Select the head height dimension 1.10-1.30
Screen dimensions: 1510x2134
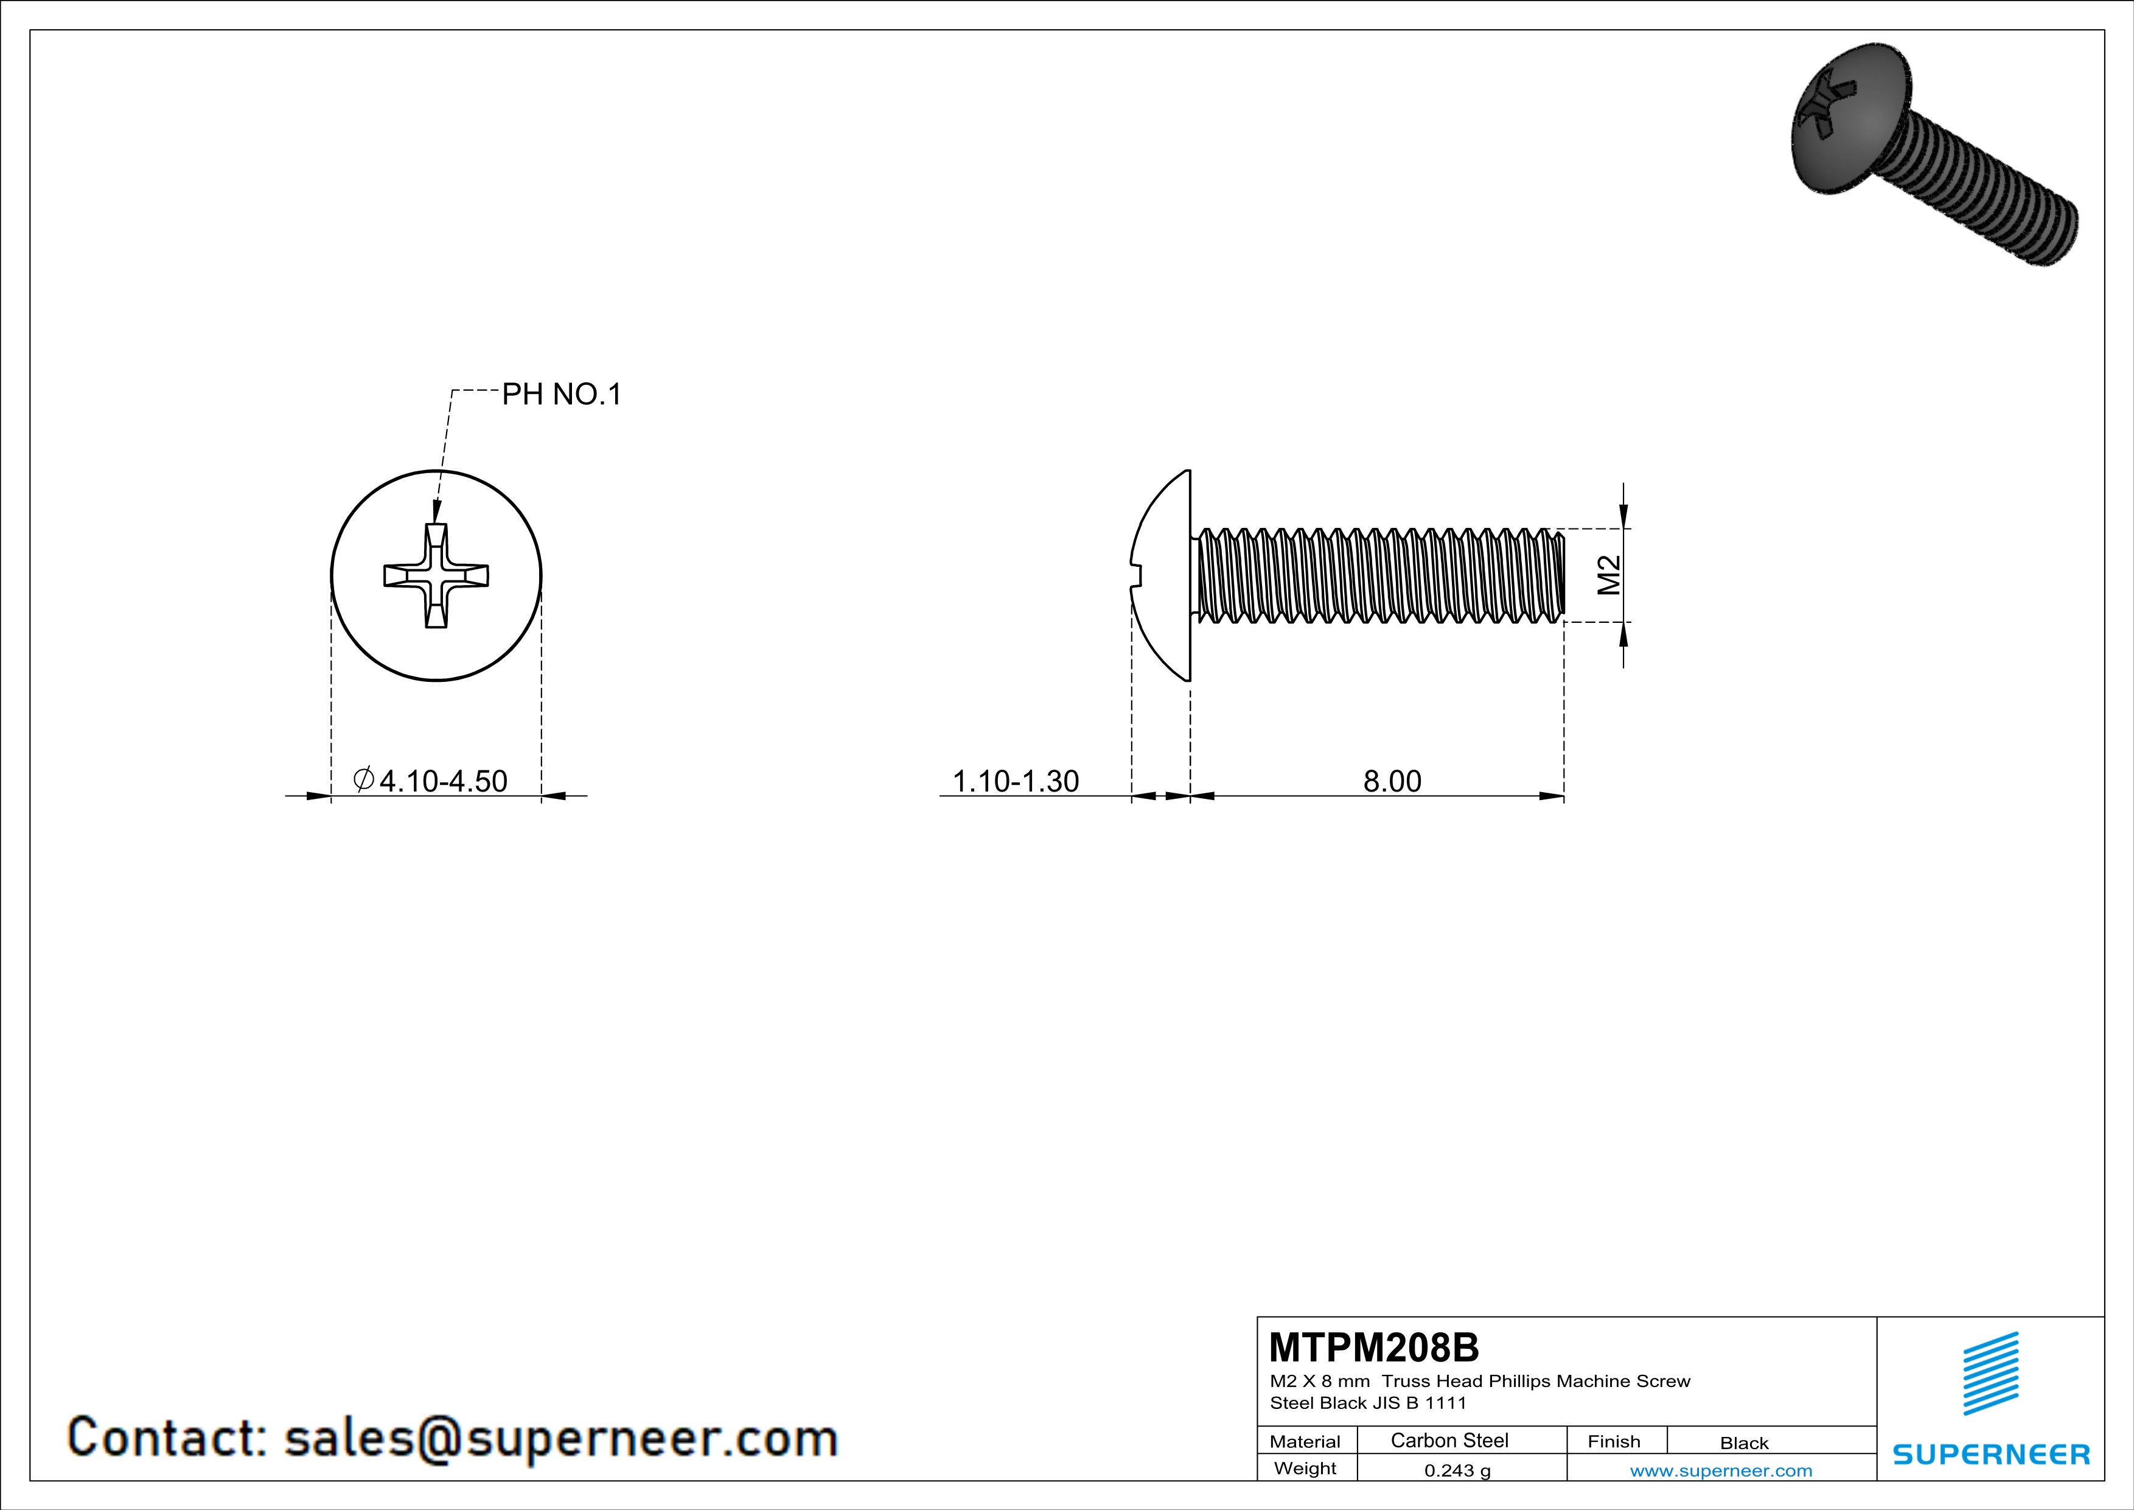1015,781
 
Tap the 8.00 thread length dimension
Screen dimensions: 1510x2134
1392,781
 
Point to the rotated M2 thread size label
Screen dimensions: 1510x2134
1609,575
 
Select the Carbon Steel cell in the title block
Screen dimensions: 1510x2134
1449,1440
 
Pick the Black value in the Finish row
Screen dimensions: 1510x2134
1743,1443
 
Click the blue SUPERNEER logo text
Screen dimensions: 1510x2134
1991,1454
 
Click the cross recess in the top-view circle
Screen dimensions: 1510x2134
436,575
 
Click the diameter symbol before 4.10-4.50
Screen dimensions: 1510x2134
363,779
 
